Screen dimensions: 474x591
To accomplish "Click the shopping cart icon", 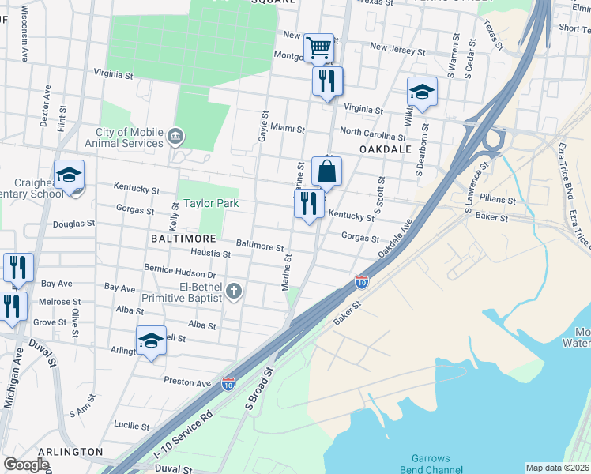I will click(318, 47).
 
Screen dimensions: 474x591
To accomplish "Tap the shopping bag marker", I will click(326, 171).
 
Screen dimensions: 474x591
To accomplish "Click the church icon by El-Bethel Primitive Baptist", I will click(233, 292).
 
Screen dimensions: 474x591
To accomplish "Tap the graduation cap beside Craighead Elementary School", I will click(69, 174).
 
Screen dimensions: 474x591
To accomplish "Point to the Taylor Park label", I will click(211, 203).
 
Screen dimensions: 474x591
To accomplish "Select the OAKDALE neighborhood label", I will click(386, 149).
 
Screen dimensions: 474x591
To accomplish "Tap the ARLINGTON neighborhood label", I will click(70, 452).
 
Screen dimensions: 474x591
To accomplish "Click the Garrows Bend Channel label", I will click(431, 464).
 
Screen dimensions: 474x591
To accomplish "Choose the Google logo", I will click(27, 465).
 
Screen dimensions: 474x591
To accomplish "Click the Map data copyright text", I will click(557, 468).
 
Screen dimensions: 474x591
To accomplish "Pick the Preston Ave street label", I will click(187, 382).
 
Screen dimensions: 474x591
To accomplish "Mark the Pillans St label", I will click(500, 201).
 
